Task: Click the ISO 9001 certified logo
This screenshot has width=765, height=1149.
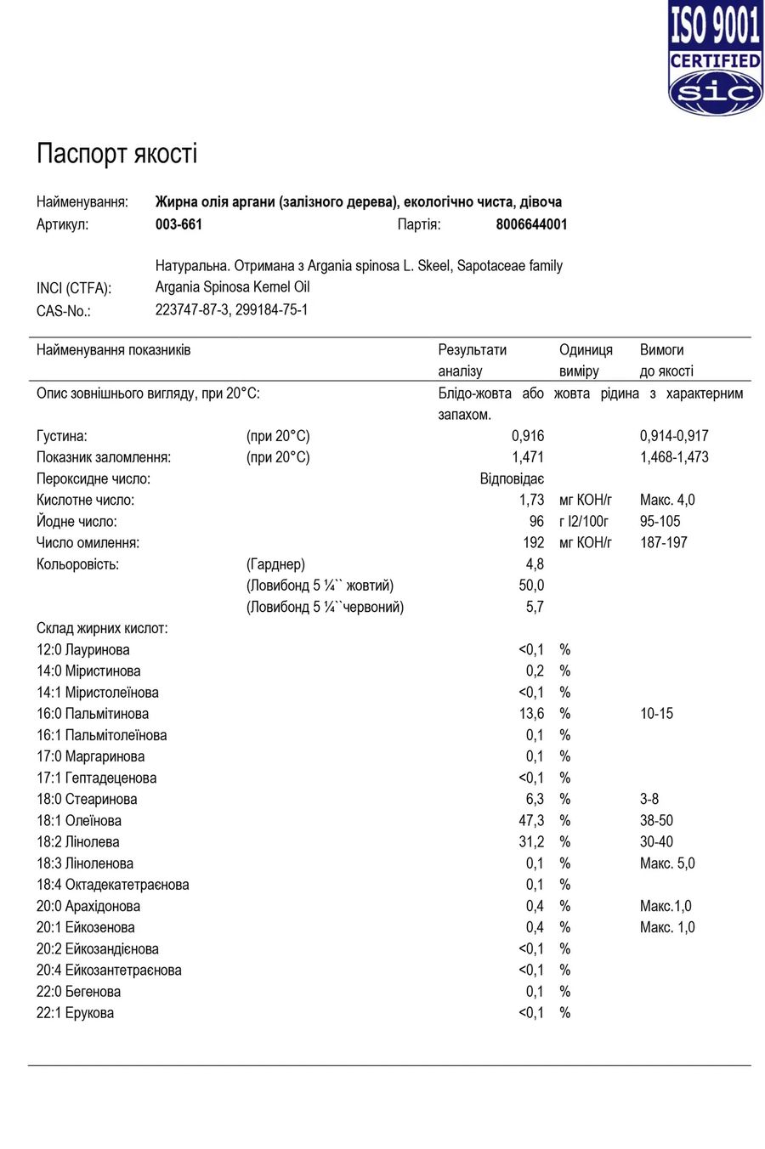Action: pos(714,58)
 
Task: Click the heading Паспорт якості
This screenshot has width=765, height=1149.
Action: pos(116,154)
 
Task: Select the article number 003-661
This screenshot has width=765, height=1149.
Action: pos(178,224)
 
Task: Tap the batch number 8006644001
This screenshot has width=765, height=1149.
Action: pos(531,224)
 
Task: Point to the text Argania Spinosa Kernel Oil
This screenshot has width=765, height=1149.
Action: pos(232,287)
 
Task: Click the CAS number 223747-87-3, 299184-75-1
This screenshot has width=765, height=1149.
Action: pos(231,310)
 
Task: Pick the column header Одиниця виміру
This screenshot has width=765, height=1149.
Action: pos(585,360)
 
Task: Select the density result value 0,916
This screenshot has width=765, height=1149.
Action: pos(527,436)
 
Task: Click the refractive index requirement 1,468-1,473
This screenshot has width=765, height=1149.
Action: pos(673,457)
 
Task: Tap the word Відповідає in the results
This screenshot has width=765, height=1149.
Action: pos(512,478)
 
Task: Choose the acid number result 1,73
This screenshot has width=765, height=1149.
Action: pos(531,500)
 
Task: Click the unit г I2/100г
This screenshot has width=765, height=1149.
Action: pos(583,522)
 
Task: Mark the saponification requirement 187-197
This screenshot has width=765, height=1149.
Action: pos(663,543)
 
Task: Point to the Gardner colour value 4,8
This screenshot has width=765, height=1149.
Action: pos(535,564)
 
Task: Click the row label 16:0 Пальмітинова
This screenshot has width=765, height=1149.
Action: pos(92,714)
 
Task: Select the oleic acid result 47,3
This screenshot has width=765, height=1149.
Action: pos(531,821)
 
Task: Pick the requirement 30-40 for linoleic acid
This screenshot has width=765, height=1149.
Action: pos(655,842)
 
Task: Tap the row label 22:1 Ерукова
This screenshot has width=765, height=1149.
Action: pos(75,1013)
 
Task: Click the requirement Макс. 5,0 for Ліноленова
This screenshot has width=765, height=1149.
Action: pos(666,863)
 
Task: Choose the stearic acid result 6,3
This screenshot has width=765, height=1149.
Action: pos(535,800)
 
